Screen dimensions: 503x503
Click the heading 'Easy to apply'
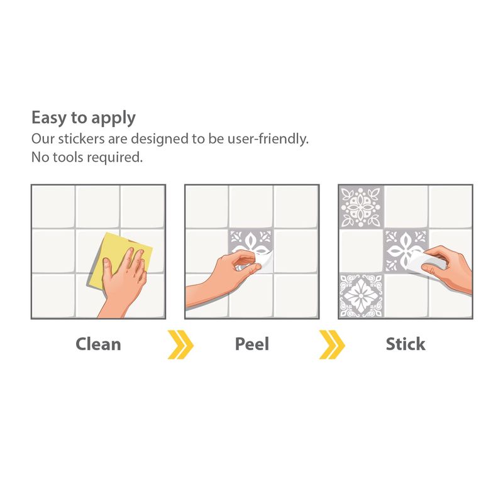tap(84, 118)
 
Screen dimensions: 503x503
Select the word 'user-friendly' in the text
tap(267, 139)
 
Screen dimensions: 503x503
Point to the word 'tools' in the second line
tap(69, 157)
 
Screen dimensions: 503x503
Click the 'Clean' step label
tap(98, 344)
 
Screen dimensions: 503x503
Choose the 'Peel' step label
tap(252, 344)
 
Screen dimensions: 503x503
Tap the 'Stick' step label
tap(406, 344)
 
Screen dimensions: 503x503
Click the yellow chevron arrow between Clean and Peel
tap(180, 344)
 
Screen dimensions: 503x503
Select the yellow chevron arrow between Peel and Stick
tap(332, 344)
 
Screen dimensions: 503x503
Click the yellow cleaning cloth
tap(113, 253)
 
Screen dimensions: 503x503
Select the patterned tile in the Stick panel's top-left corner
tap(361, 207)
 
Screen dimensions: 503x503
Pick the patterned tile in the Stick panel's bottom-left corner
tap(361, 296)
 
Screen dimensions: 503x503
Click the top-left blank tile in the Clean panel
tap(53, 207)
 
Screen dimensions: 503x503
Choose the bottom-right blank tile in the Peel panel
tap(296, 296)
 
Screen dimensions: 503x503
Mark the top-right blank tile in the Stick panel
tap(450, 207)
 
